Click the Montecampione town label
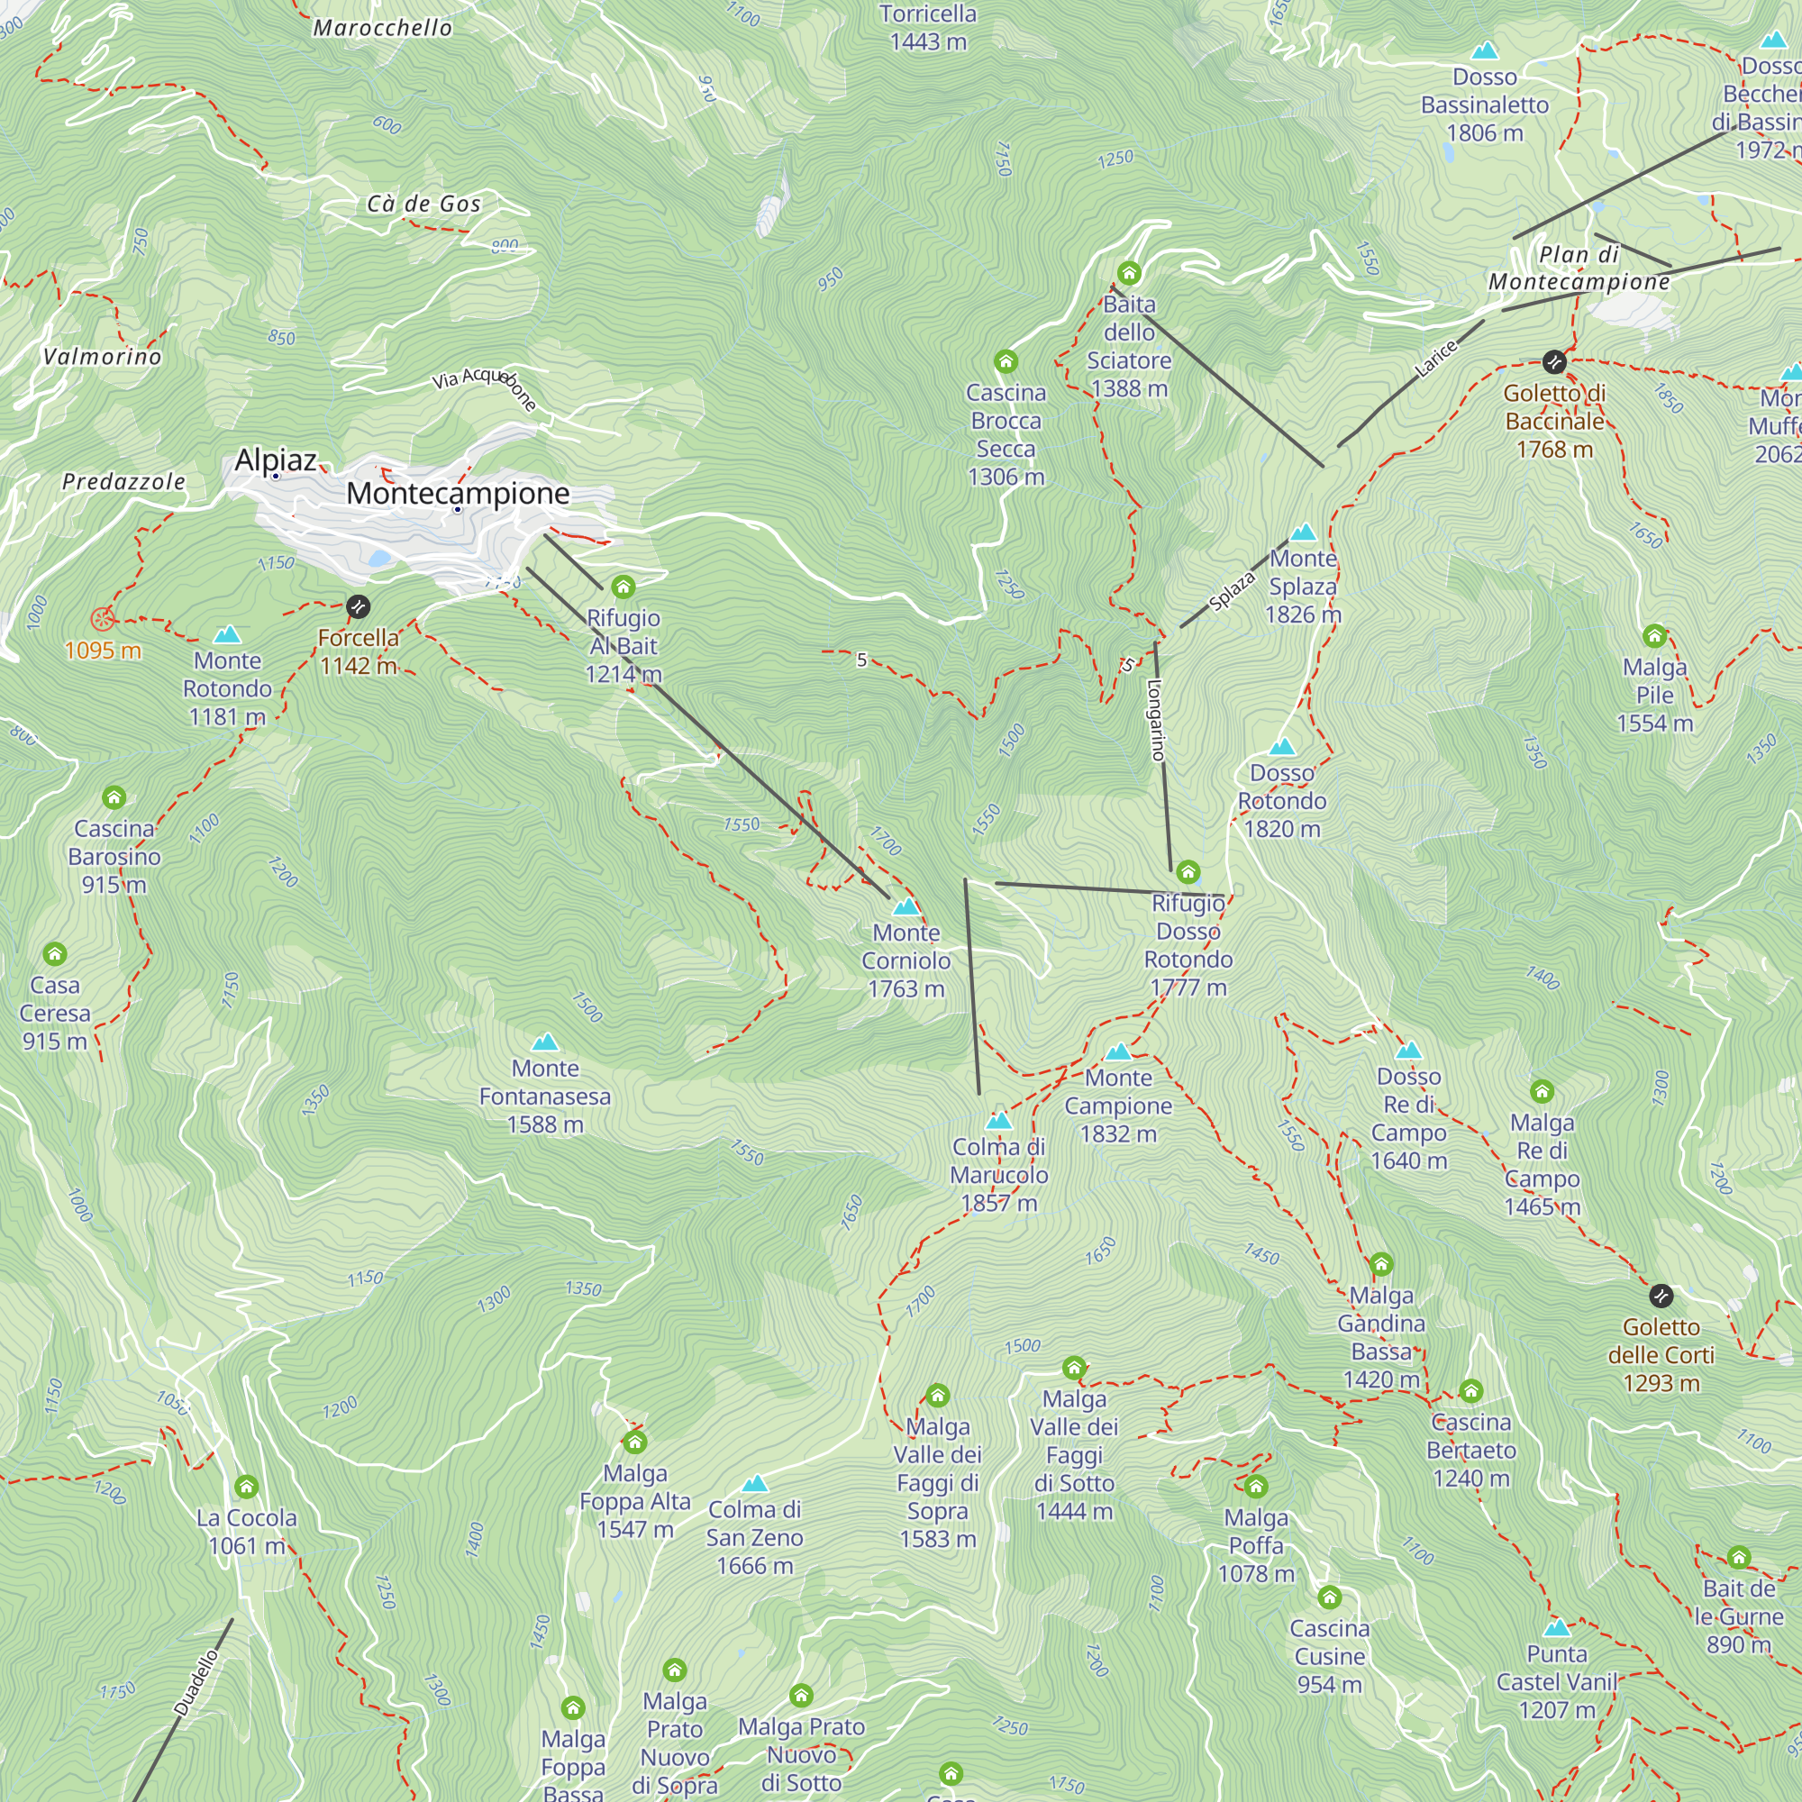pos(457,493)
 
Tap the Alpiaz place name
pos(275,460)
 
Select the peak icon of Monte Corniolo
pos(906,906)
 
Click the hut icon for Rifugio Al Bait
pos(623,587)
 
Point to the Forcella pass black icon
pos(359,607)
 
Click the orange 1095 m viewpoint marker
pos(103,618)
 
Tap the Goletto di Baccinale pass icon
pos(1554,361)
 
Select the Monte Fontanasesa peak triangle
pos(545,1042)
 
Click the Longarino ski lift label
pos(1156,720)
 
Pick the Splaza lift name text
pos(1232,590)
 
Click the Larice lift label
pos(1435,359)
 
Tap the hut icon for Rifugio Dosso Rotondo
pos(1188,872)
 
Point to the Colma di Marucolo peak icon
pos(999,1120)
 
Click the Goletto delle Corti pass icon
pos(1661,1296)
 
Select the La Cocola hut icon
pos(246,1487)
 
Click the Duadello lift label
pos(196,1682)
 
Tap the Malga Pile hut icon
pos(1654,636)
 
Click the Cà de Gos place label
pos(423,204)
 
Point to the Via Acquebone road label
pos(485,387)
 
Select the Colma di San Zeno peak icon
pos(754,1484)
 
